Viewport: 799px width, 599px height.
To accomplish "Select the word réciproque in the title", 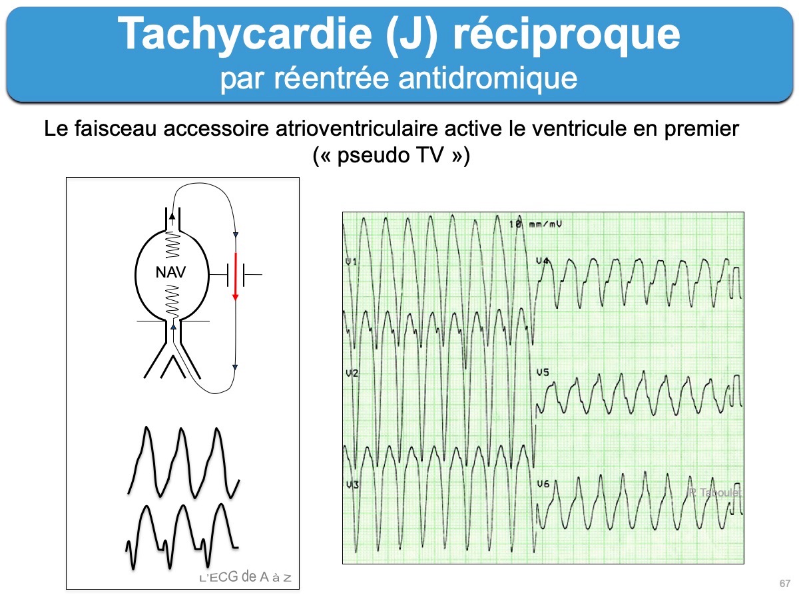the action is click(567, 36).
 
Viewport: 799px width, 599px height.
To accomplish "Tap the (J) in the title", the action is click(411, 35).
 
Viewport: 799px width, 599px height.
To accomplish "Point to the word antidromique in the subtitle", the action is click(488, 78).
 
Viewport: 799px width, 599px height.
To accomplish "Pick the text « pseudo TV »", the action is click(392, 155).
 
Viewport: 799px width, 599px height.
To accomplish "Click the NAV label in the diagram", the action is click(170, 272).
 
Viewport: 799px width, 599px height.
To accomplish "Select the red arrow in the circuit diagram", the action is click(236, 276).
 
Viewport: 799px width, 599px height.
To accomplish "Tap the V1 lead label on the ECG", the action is click(352, 262).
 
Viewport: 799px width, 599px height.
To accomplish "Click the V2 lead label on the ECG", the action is click(352, 373).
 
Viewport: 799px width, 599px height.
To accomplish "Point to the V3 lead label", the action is click(352, 485).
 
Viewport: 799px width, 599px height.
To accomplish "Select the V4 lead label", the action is click(543, 261).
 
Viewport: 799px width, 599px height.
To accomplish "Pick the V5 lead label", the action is click(543, 373).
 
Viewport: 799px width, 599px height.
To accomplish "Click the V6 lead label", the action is click(543, 484).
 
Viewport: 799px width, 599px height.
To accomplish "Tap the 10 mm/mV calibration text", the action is click(535, 224).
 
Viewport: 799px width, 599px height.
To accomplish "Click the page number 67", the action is click(785, 584).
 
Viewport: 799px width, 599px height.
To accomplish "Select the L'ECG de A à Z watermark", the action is click(246, 577).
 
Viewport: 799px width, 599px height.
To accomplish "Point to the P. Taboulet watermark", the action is click(714, 493).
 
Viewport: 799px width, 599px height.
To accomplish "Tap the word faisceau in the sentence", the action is click(116, 128).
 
